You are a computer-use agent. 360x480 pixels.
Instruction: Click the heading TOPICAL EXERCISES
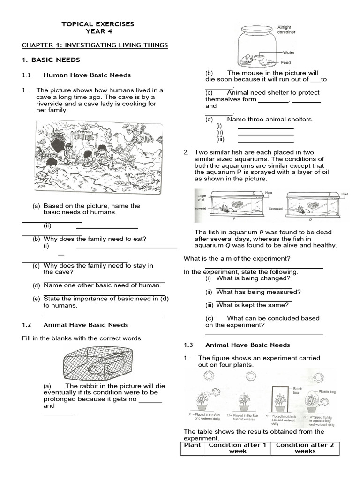(x=98, y=24)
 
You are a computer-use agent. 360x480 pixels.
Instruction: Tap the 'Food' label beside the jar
(x=286, y=62)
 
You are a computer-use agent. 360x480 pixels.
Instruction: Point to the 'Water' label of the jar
(x=288, y=52)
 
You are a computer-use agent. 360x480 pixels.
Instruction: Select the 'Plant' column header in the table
(x=193, y=445)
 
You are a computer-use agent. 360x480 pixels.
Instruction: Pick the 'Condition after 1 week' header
(x=237, y=448)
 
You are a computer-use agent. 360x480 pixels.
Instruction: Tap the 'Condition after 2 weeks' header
(x=305, y=448)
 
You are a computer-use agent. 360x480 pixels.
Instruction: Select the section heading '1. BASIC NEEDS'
(x=52, y=60)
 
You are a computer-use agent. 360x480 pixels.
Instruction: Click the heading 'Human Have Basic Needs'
(x=87, y=75)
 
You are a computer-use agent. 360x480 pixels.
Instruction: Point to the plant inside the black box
(x=280, y=399)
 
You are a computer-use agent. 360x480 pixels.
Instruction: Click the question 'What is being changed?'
(x=253, y=278)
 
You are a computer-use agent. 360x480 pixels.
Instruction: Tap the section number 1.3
(x=188, y=345)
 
